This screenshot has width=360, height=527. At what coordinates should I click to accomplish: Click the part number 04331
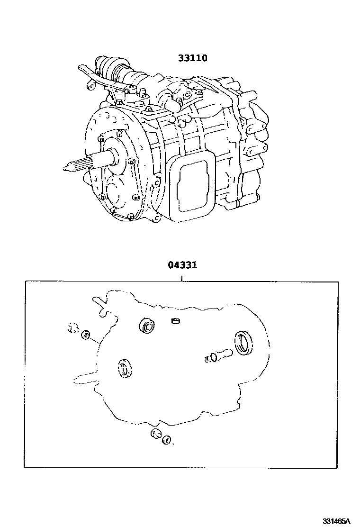coord(182,265)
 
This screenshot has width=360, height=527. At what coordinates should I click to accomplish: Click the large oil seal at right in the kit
coord(244,342)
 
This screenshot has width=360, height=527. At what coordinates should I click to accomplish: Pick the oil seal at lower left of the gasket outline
coord(125,368)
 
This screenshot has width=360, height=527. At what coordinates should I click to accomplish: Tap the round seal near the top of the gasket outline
coord(147,326)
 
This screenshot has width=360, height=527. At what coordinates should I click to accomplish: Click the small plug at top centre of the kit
coord(175,321)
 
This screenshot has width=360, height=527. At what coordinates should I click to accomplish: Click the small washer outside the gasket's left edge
coord(86,335)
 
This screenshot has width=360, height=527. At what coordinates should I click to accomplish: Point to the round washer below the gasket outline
coord(166,440)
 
